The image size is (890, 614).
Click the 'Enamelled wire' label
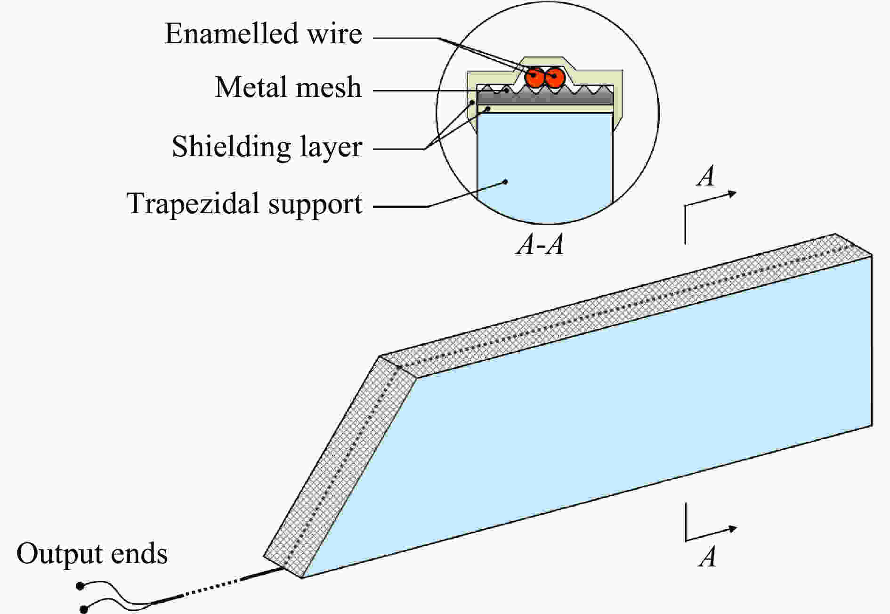[263, 34]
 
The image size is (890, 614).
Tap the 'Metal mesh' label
[288, 88]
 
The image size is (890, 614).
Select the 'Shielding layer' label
[267, 146]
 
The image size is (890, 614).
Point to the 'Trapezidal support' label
[244, 204]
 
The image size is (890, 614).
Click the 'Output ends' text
[92, 554]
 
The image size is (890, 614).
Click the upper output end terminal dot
[81, 586]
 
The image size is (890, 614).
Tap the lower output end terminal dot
[84, 608]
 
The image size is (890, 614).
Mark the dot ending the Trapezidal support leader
[506, 181]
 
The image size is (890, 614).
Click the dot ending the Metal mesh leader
[506, 90]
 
